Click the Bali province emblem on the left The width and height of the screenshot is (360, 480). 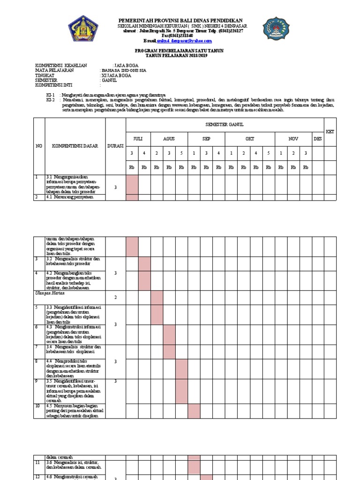84,29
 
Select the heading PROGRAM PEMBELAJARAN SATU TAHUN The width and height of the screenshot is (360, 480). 180,51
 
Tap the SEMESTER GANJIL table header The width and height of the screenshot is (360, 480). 225,124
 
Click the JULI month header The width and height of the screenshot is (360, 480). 138,139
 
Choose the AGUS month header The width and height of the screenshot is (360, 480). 169,139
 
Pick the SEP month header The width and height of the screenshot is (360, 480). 206,139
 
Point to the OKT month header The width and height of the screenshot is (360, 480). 249,139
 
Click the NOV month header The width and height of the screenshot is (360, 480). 293,139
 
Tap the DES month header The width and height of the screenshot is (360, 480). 318,139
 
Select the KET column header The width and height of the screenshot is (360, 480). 330,132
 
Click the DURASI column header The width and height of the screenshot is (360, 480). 115,146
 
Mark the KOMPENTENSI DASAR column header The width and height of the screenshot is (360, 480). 75,146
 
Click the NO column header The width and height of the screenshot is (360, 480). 39,146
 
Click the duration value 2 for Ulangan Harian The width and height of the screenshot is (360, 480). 115,297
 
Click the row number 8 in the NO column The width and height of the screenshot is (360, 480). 37,361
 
